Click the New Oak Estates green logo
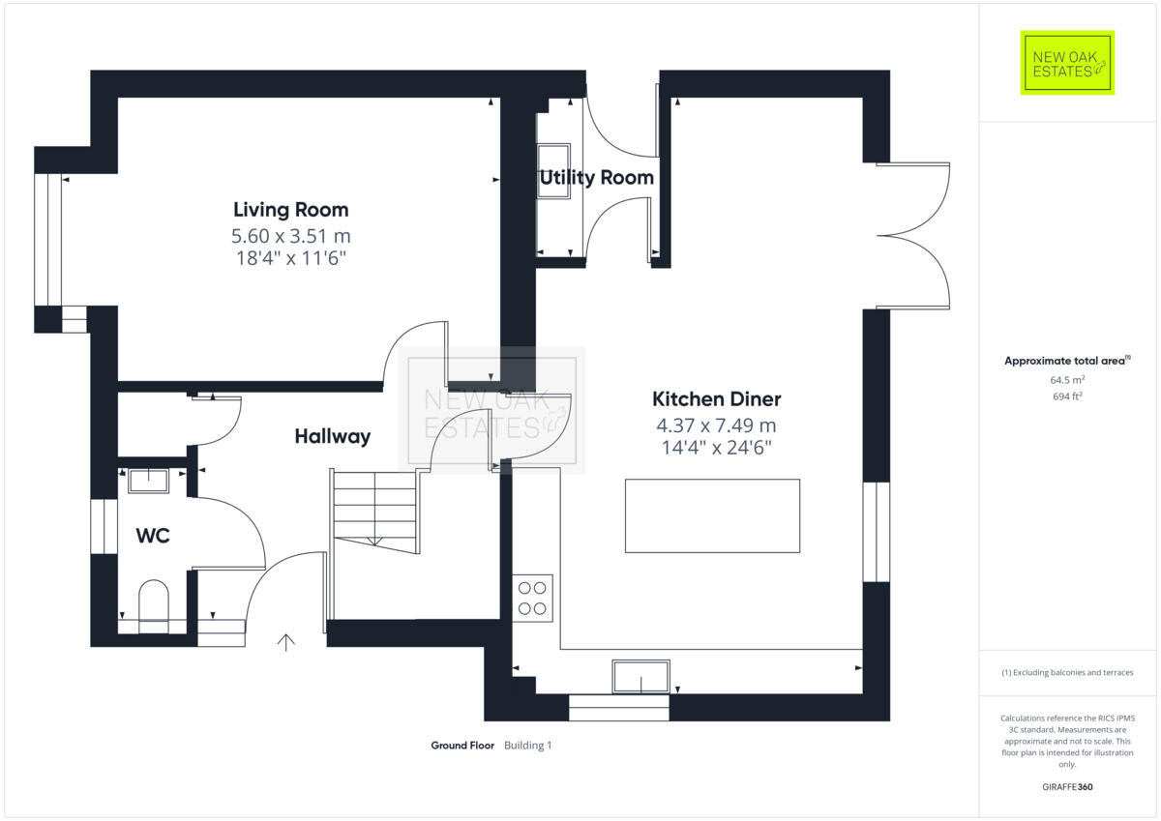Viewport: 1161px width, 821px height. (1067, 63)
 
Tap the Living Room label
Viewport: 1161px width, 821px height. (290, 210)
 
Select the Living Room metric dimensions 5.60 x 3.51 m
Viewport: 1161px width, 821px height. (290, 235)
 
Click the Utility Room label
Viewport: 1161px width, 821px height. (596, 178)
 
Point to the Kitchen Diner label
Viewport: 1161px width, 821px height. (716, 399)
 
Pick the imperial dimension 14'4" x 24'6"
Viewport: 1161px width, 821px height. (716, 448)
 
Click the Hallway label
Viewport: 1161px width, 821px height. (332, 437)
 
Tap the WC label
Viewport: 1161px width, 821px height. (153, 535)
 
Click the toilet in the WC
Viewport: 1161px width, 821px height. (154, 603)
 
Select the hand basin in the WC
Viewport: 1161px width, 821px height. (148, 479)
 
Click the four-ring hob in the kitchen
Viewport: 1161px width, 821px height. (532, 598)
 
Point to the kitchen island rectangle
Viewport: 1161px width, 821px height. (712, 515)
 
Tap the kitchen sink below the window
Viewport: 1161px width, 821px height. (640, 677)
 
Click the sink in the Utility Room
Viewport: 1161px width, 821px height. (553, 171)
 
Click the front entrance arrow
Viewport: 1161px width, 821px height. (286, 642)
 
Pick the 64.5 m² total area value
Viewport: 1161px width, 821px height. (1067, 380)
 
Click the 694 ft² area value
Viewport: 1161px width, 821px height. (1067, 396)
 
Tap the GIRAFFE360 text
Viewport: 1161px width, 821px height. (1067, 787)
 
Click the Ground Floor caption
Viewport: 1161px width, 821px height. (462, 746)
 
